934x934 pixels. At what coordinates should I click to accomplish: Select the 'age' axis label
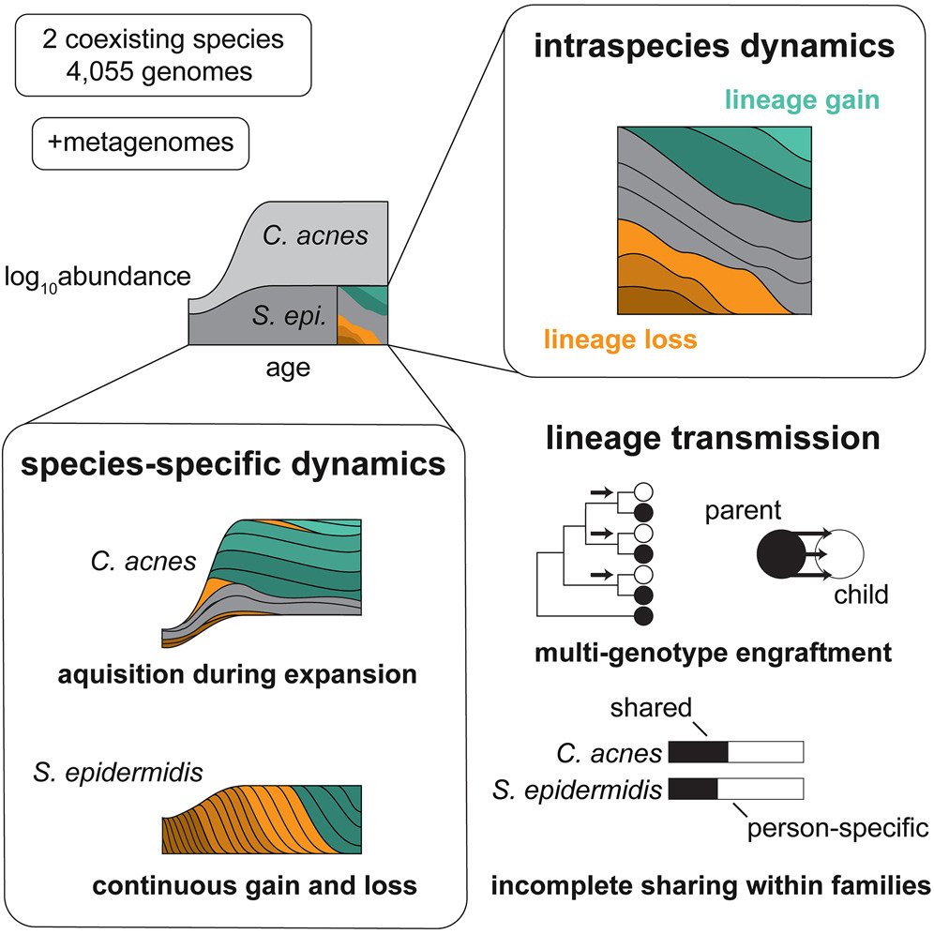point(287,369)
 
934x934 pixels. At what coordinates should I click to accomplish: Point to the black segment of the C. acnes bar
point(696,752)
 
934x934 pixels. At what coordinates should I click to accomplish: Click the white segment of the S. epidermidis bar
point(760,789)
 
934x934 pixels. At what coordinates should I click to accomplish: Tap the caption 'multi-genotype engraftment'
point(712,653)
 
